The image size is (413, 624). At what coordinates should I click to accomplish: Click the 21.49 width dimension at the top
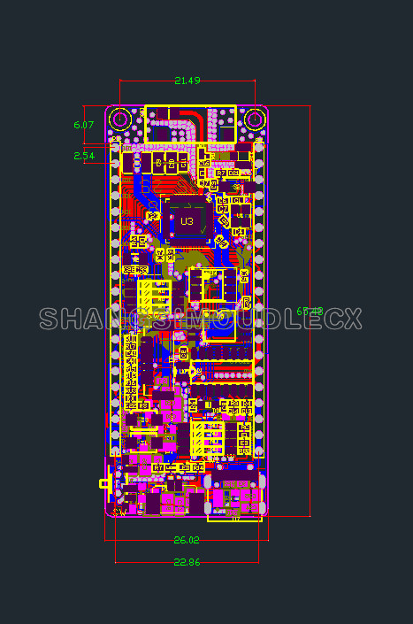pyautogui.click(x=187, y=81)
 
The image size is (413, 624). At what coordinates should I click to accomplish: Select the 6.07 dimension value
pyautogui.click(x=84, y=125)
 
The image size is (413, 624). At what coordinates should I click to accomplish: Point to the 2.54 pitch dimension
pyautogui.click(x=85, y=156)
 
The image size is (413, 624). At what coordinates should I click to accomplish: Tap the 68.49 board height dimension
pyautogui.click(x=310, y=311)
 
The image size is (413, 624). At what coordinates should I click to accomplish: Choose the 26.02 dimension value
pyautogui.click(x=187, y=539)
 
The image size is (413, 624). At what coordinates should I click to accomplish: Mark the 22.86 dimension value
pyautogui.click(x=187, y=561)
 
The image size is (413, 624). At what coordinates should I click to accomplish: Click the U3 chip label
pyautogui.click(x=187, y=220)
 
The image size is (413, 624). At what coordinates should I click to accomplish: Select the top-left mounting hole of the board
pyautogui.click(x=120, y=118)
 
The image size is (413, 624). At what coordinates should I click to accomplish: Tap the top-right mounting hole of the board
pyautogui.click(x=255, y=118)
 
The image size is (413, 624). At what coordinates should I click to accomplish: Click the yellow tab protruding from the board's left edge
pyautogui.click(x=105, y=483)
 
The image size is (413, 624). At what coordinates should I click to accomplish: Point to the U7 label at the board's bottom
pyautogui.click(x=236, y=519)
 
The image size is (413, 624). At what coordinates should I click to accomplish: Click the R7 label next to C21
pyautogui.click(x=159, y=466)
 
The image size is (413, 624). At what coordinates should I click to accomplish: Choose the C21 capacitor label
pyautogui.click(x=186, y=467)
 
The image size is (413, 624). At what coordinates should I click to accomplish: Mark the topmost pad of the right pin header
pyautogui.click(x=259, y=147)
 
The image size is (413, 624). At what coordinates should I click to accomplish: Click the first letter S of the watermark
pyautogui.click(x=49, y=319)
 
